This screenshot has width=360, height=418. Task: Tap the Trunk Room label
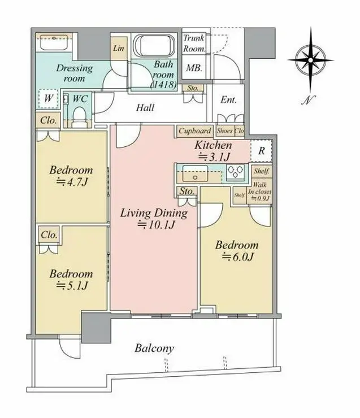coord(194,43)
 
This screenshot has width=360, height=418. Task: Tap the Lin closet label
coord(118,49)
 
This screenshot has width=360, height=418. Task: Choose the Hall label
coord(145,107)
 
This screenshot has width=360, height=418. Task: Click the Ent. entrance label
coord(228,101)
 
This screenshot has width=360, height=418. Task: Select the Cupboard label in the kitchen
coord(195,131)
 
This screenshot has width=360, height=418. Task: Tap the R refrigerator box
coord(261,150)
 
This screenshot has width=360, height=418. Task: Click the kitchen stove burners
coord(236,173)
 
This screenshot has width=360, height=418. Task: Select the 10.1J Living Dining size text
coord(156,225)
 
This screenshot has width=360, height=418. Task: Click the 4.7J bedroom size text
coord(71,182)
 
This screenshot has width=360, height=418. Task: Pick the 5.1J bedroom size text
coord(71,286)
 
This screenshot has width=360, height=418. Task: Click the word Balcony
coord(154,349)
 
